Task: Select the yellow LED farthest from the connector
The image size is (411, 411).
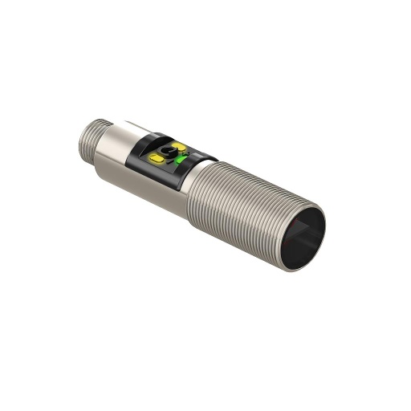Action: pyautogui.click(x=179, y=147)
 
